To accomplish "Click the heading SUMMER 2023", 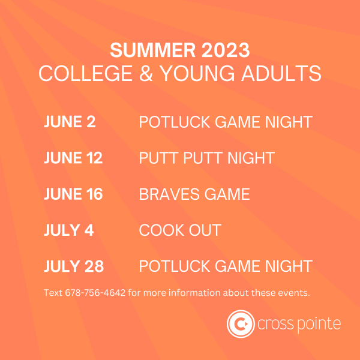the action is coord(180,50).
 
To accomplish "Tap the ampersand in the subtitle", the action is coord(146,73).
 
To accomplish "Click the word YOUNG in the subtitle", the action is coord(197,73).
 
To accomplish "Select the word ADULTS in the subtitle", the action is coord(281,73).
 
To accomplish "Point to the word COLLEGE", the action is coord(86,73).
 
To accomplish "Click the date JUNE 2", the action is coord(70,121).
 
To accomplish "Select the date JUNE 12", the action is coord(73,157).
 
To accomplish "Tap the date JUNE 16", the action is coord(73,194).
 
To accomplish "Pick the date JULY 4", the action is coord(68,230).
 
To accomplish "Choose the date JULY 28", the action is coord(74,266).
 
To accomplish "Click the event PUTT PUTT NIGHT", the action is coord(207,158).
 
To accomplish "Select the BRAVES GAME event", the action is coord(194,194).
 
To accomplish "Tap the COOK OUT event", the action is coord(180,230).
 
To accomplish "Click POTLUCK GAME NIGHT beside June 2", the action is coord(226,122).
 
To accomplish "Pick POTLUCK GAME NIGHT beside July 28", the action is coord(226,266).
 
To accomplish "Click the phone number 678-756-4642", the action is coord(95,293).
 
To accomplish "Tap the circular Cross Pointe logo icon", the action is coord(241,324).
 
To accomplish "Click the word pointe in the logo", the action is coord(319,325).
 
